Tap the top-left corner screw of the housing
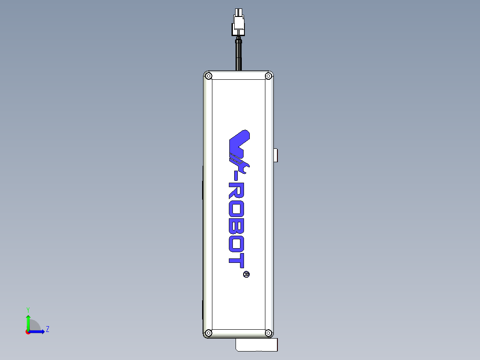pyautogui.click(x=208, y=76)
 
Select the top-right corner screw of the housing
pyautogui.click(x=268, y=76)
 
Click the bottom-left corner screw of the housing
pyautogui.click(x=208, y=332)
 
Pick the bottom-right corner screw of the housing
pyautogui.click(x=268, y=332)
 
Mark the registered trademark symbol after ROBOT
pyautogui.click(x=246, y=274)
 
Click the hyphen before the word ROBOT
pyautogui.click(x=237, y=179)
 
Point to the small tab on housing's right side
pyautogui.click(x=276, y=155)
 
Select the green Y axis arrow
pyautogui.click(x=28, y=321)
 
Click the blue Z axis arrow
pyautogui.click(x=38, y=331)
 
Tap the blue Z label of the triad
pyautogui.click(x=47, y=330)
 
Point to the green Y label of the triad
pyautogui.click(x=28, y=309)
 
